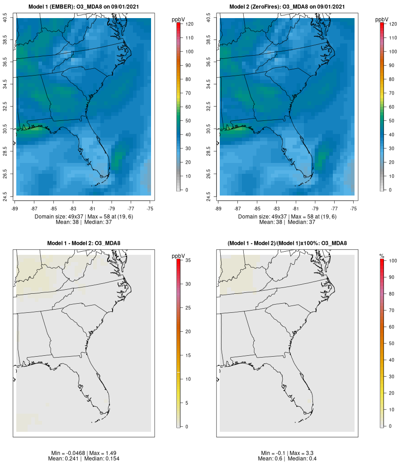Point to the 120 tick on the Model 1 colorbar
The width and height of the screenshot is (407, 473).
[188, 24]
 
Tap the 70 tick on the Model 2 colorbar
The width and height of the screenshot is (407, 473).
[391, 93]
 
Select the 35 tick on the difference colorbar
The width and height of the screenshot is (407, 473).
[188, 260]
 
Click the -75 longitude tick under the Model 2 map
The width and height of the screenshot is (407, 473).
[353, 209]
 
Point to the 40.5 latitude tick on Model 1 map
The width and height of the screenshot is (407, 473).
[5, 19]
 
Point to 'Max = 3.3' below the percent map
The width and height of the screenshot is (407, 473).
[300, 453]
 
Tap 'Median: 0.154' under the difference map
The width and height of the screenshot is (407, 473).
[98, 459]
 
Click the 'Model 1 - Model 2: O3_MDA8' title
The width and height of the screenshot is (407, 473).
[84, 244]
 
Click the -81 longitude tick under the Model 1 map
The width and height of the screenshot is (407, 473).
[93, 209]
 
